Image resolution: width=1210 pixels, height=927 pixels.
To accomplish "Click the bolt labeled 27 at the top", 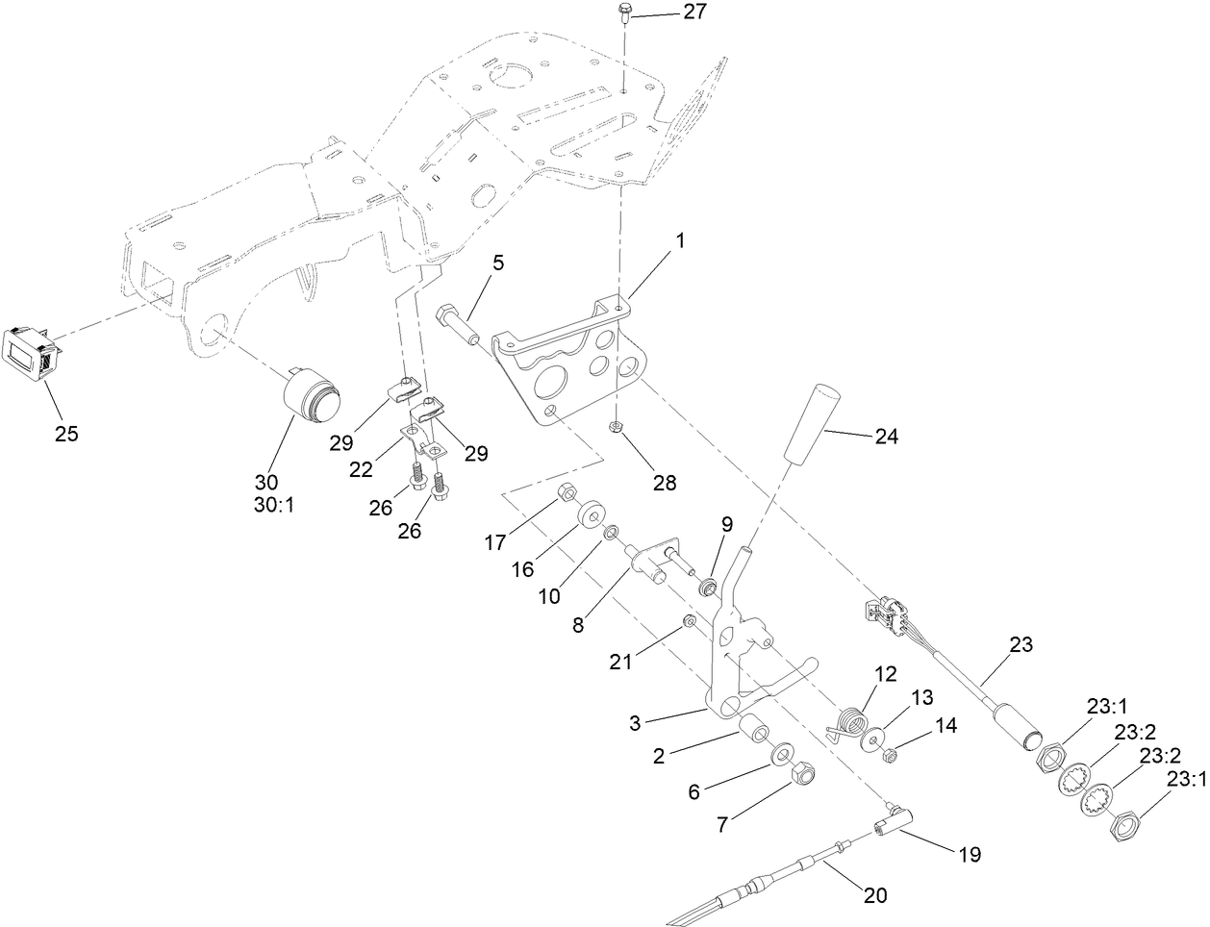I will pyautogui.click(x=623, y=13).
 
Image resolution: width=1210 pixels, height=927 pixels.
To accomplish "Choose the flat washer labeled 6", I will pyautogui.click(x=782, y=750).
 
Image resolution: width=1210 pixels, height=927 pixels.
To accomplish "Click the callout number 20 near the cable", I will pyautogui.click(x=873, y=895).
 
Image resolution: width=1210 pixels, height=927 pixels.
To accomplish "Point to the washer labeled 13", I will pyautogui.click(x=874, y=739).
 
